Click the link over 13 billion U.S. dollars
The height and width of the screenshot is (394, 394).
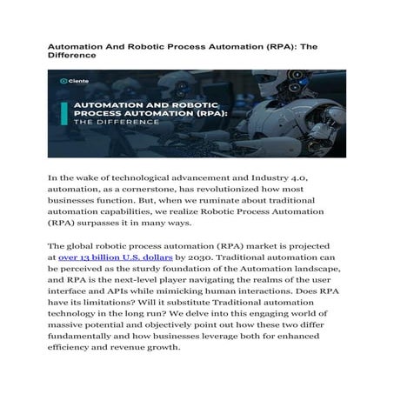pos(109,258)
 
